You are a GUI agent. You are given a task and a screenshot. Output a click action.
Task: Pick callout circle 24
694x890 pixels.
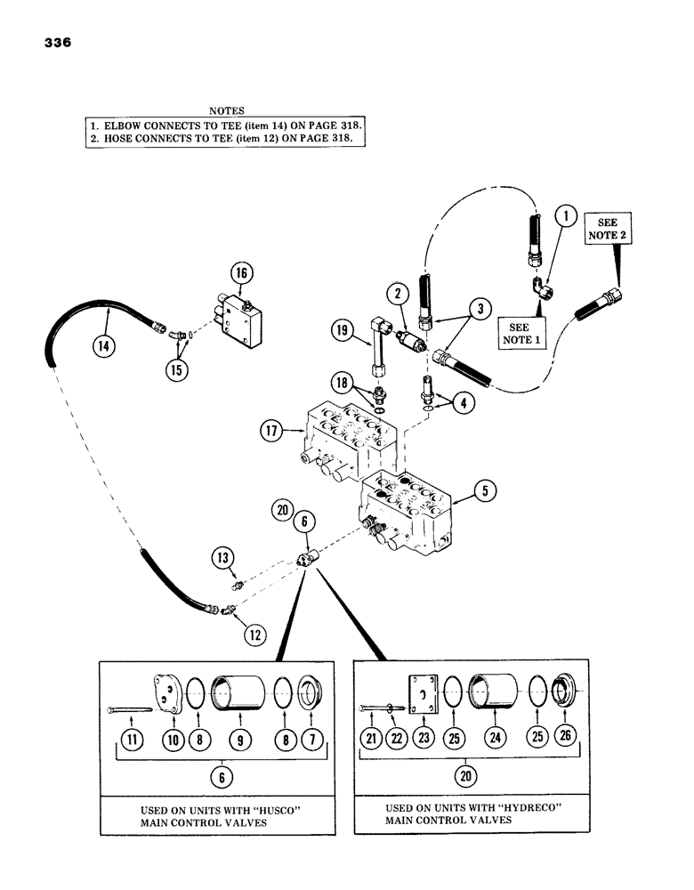pos(493,738)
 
